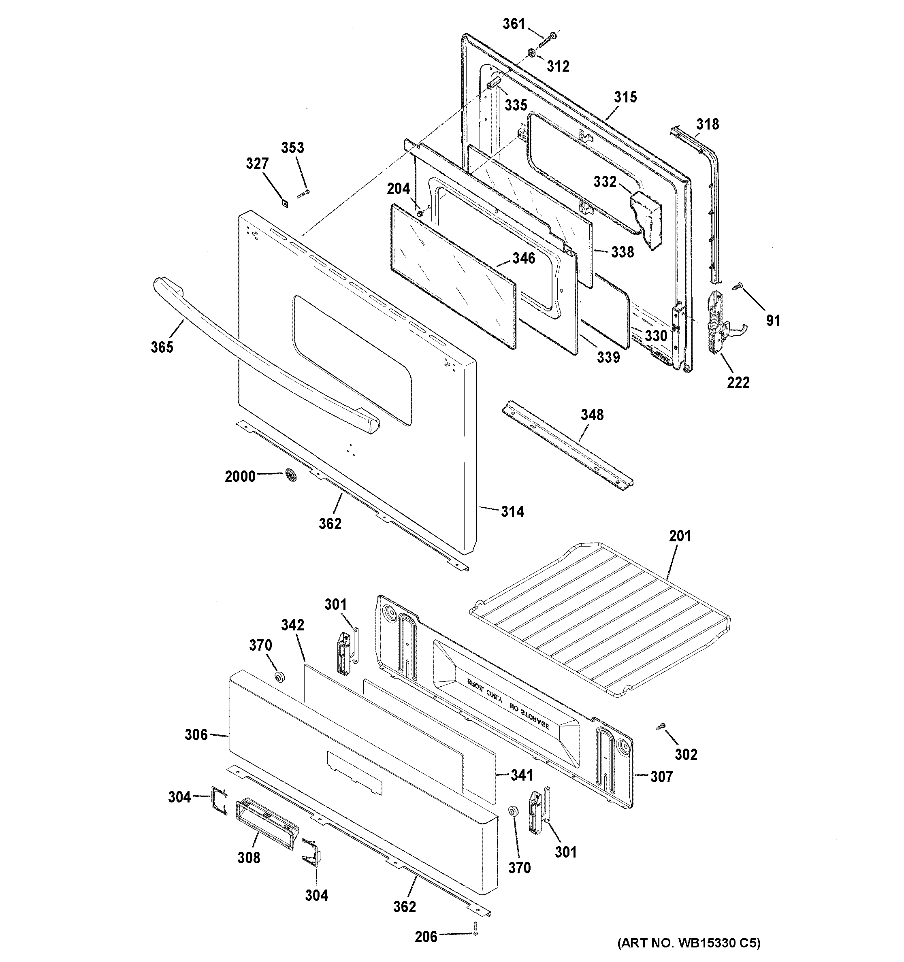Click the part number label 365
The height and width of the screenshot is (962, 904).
point(162,347)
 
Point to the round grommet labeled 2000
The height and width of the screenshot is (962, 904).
point(291,476)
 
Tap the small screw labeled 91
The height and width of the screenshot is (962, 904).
point(738,287)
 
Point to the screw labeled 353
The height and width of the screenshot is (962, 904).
point(303,194)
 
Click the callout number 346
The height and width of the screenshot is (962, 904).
point(524,258)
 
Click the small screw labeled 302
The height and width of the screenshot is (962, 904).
point(661,740)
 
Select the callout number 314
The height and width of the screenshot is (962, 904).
point(512,511)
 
